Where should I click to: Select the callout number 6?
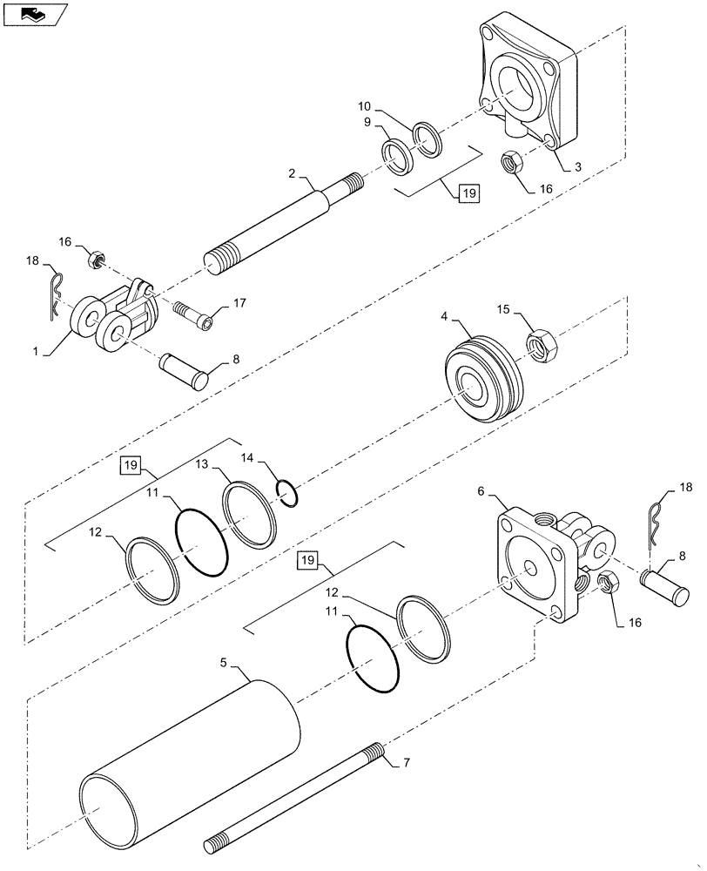coord(503,492)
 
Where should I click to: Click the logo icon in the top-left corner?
coord(34,14)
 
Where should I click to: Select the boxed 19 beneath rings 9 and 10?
coord(468,193)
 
